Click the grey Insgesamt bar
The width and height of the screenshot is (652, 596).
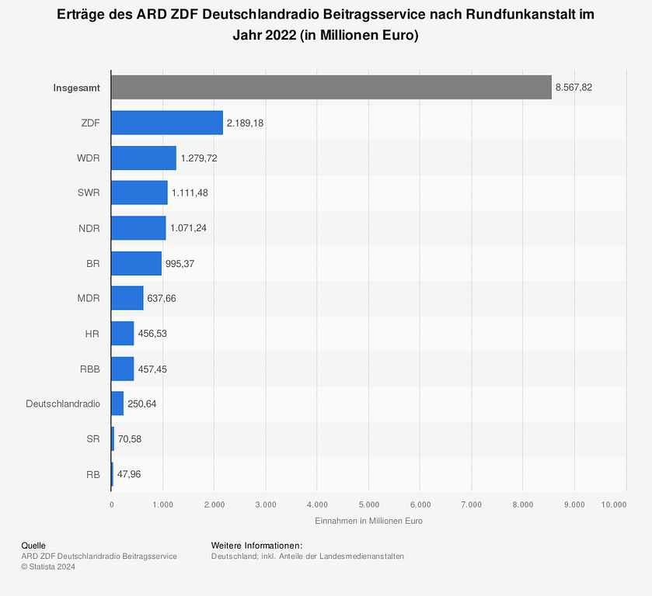coord(331,88)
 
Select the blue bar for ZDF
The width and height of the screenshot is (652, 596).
coord(167,123)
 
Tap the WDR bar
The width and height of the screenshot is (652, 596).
coord(144,158)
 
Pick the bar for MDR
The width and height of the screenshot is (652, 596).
coord(127,298)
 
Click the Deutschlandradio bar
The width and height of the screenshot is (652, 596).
coord(117,404)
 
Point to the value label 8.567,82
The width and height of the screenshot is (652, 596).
coord(574,88)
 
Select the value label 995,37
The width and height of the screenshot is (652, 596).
coord(180,263)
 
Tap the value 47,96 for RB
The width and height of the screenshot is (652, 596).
coord(129,473)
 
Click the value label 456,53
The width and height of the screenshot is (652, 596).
coord(152,334)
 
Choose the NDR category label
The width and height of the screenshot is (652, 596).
coord(89,228)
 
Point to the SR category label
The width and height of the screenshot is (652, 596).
coord(93,438)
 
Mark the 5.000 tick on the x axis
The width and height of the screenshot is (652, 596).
coord(368,504)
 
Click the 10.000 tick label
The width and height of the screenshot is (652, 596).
coord(614,504)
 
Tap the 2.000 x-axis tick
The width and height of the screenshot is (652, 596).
coord(214,504)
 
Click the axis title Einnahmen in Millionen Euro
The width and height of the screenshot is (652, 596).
coord(368,521)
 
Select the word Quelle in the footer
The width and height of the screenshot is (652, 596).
coord(34,546)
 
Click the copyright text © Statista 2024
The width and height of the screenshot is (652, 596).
coord(48,567)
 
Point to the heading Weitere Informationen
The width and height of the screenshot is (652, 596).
coord(256,546)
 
